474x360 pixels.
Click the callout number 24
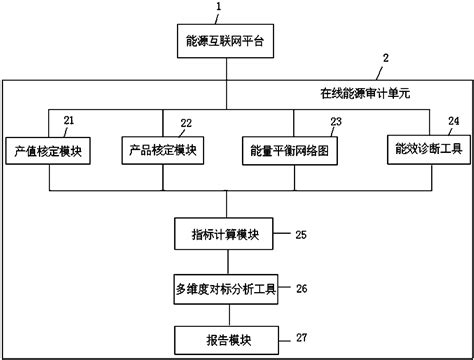click(455, 120)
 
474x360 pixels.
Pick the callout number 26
click(301, 289)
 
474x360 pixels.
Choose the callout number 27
click(301, 337)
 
